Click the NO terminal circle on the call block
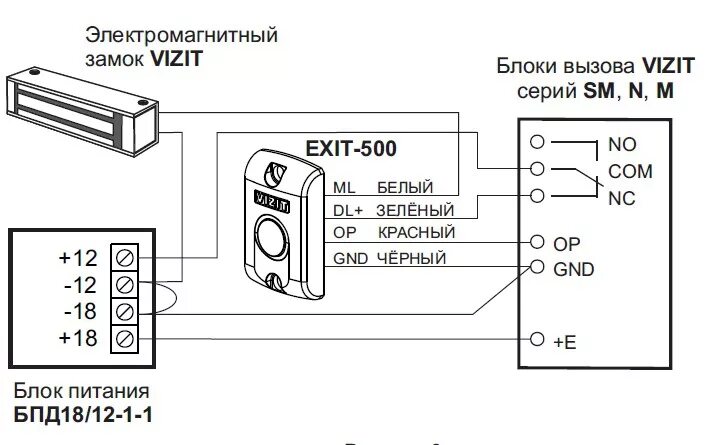[538, 143]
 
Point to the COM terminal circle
[538, 169]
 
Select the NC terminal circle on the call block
[538, 195]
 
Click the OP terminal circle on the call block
[538, 242]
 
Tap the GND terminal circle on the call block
[538, 267]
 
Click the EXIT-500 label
[350, 149]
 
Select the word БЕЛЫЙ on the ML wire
[404, 187]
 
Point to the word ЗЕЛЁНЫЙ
[415, 210]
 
